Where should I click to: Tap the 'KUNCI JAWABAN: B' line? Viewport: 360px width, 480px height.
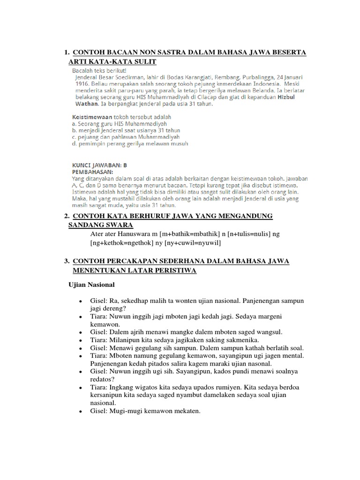(x=99, y=165)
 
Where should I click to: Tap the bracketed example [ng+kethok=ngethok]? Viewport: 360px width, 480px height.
(x=122, y=243)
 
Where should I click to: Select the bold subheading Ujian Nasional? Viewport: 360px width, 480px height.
(x=92, y=285)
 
